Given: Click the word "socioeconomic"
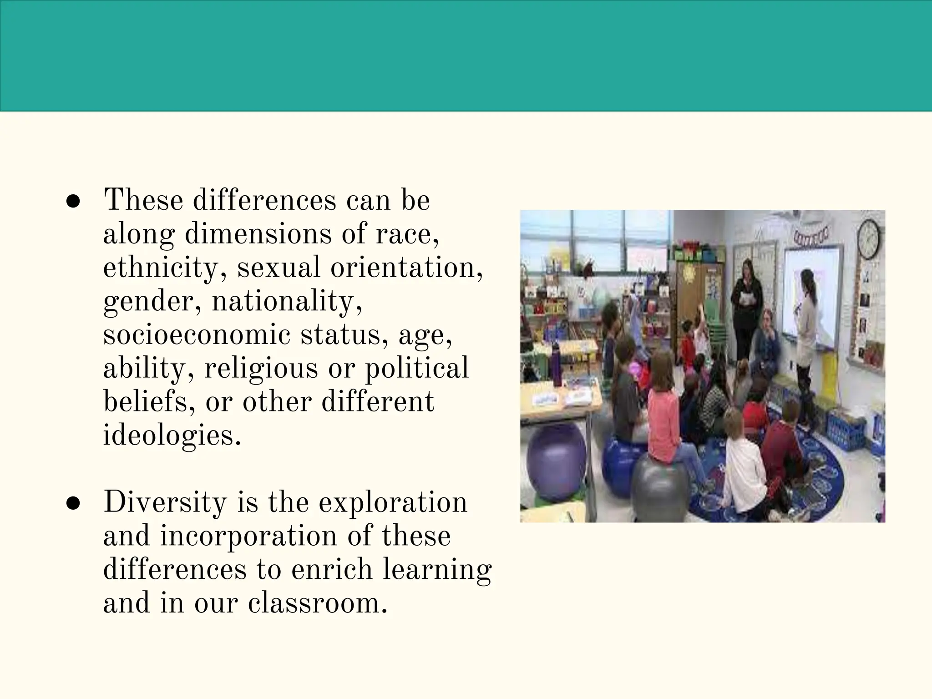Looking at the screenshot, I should [197, 335].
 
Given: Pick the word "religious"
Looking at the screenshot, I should [261, 369].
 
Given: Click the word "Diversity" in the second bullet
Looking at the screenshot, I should [165, 502].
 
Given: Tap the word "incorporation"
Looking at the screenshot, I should [248, 536].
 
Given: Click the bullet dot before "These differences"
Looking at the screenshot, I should [73, 203].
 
